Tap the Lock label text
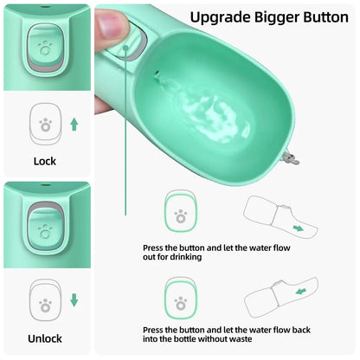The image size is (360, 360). click(x=44, y=161)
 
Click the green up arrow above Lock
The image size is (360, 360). click(x=74, y=125)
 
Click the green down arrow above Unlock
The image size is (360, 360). click(x=74, y=300)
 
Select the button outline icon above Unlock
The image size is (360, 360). click(x=44, y=300)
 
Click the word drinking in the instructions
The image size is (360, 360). click(x=183, y=257)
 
